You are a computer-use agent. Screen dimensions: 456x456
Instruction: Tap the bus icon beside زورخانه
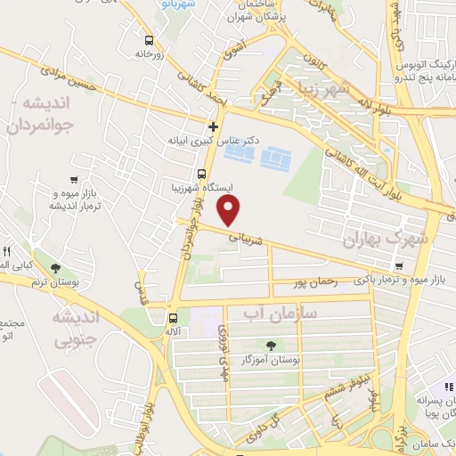pyautogui.click(x=148, y=39)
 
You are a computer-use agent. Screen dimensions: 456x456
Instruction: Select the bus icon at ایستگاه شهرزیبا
pyautogui.click(x=201, y=174)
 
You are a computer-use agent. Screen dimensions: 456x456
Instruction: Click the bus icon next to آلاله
pyautogui.click(x=172, y=316)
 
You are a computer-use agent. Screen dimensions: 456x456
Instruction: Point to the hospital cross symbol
pyautogui.click(x=213, y=126)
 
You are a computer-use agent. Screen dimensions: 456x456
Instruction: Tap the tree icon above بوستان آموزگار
pyautogui.click(x=270, y=345)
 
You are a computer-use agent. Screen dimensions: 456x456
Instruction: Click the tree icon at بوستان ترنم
pyautogui.click(x=57, y=268)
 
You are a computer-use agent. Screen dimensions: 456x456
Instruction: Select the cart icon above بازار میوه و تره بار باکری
pyautogui.click(x=399, y=266)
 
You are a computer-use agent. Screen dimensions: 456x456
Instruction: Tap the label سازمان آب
pyautogui.click(x=278, y=313)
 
